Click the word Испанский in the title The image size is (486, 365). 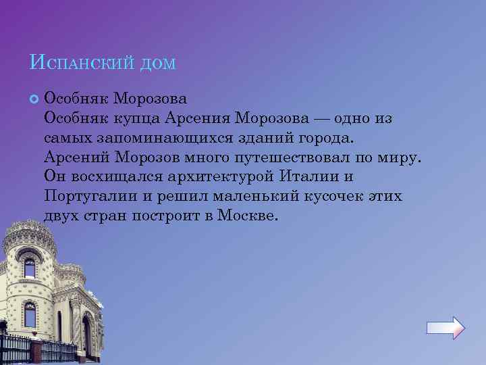(x=80, y=64)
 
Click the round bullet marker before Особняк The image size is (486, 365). (x=34, y=99)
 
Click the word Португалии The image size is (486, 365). (x=87, y=197)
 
